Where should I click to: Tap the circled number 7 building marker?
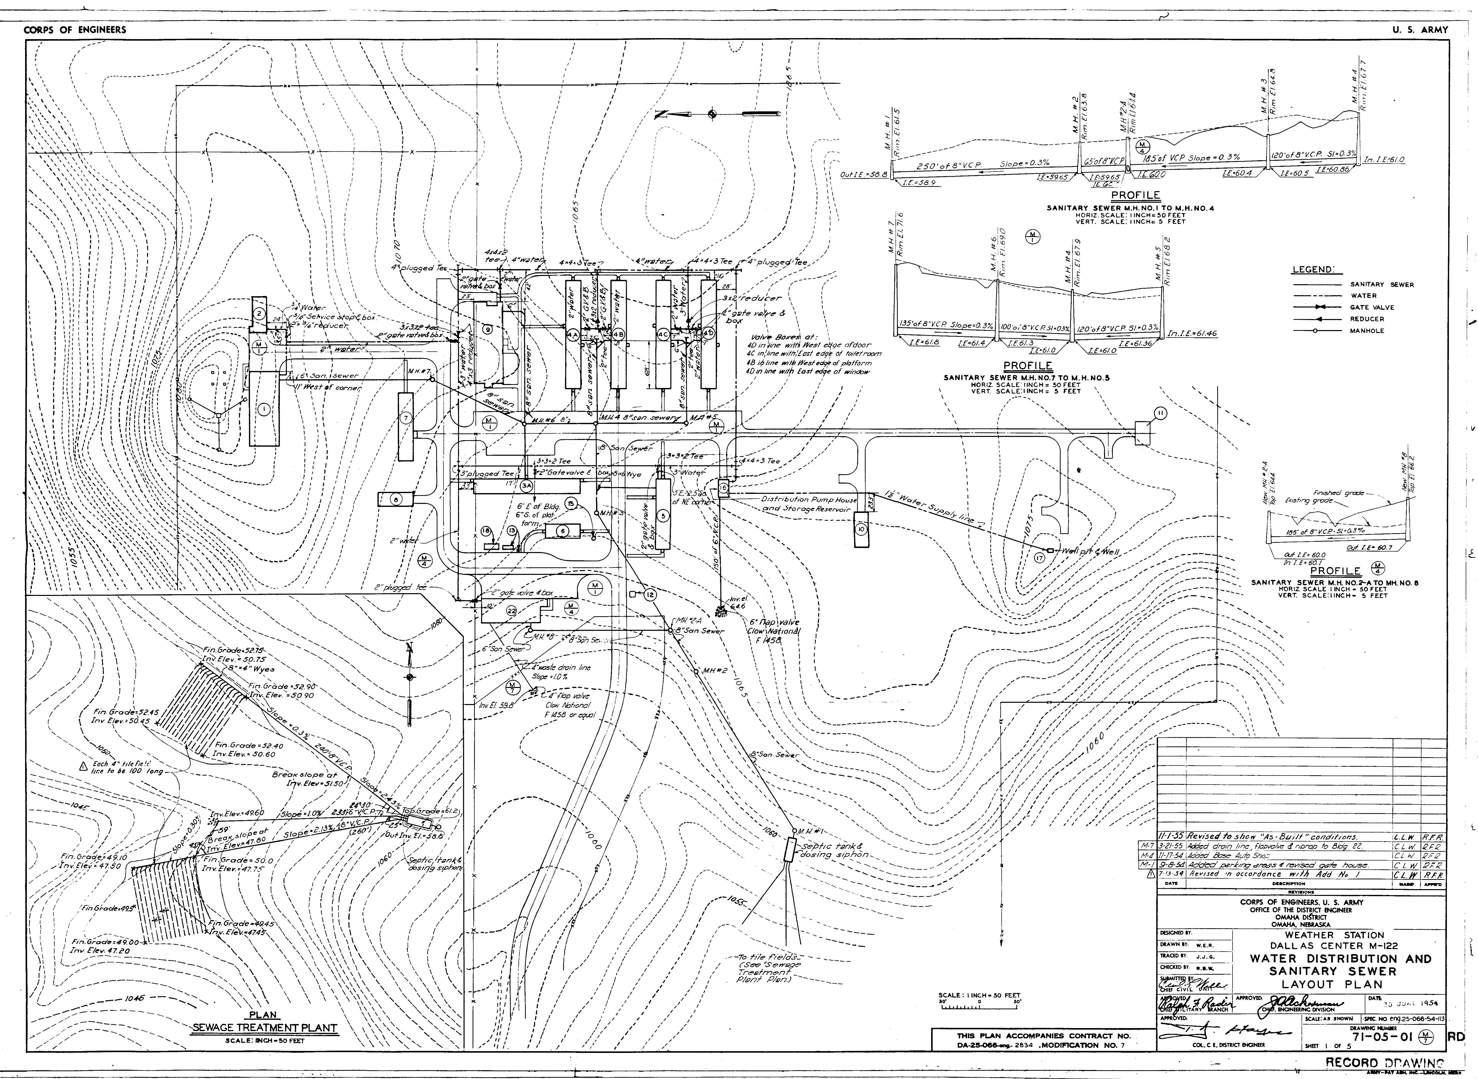coord(405,418)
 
